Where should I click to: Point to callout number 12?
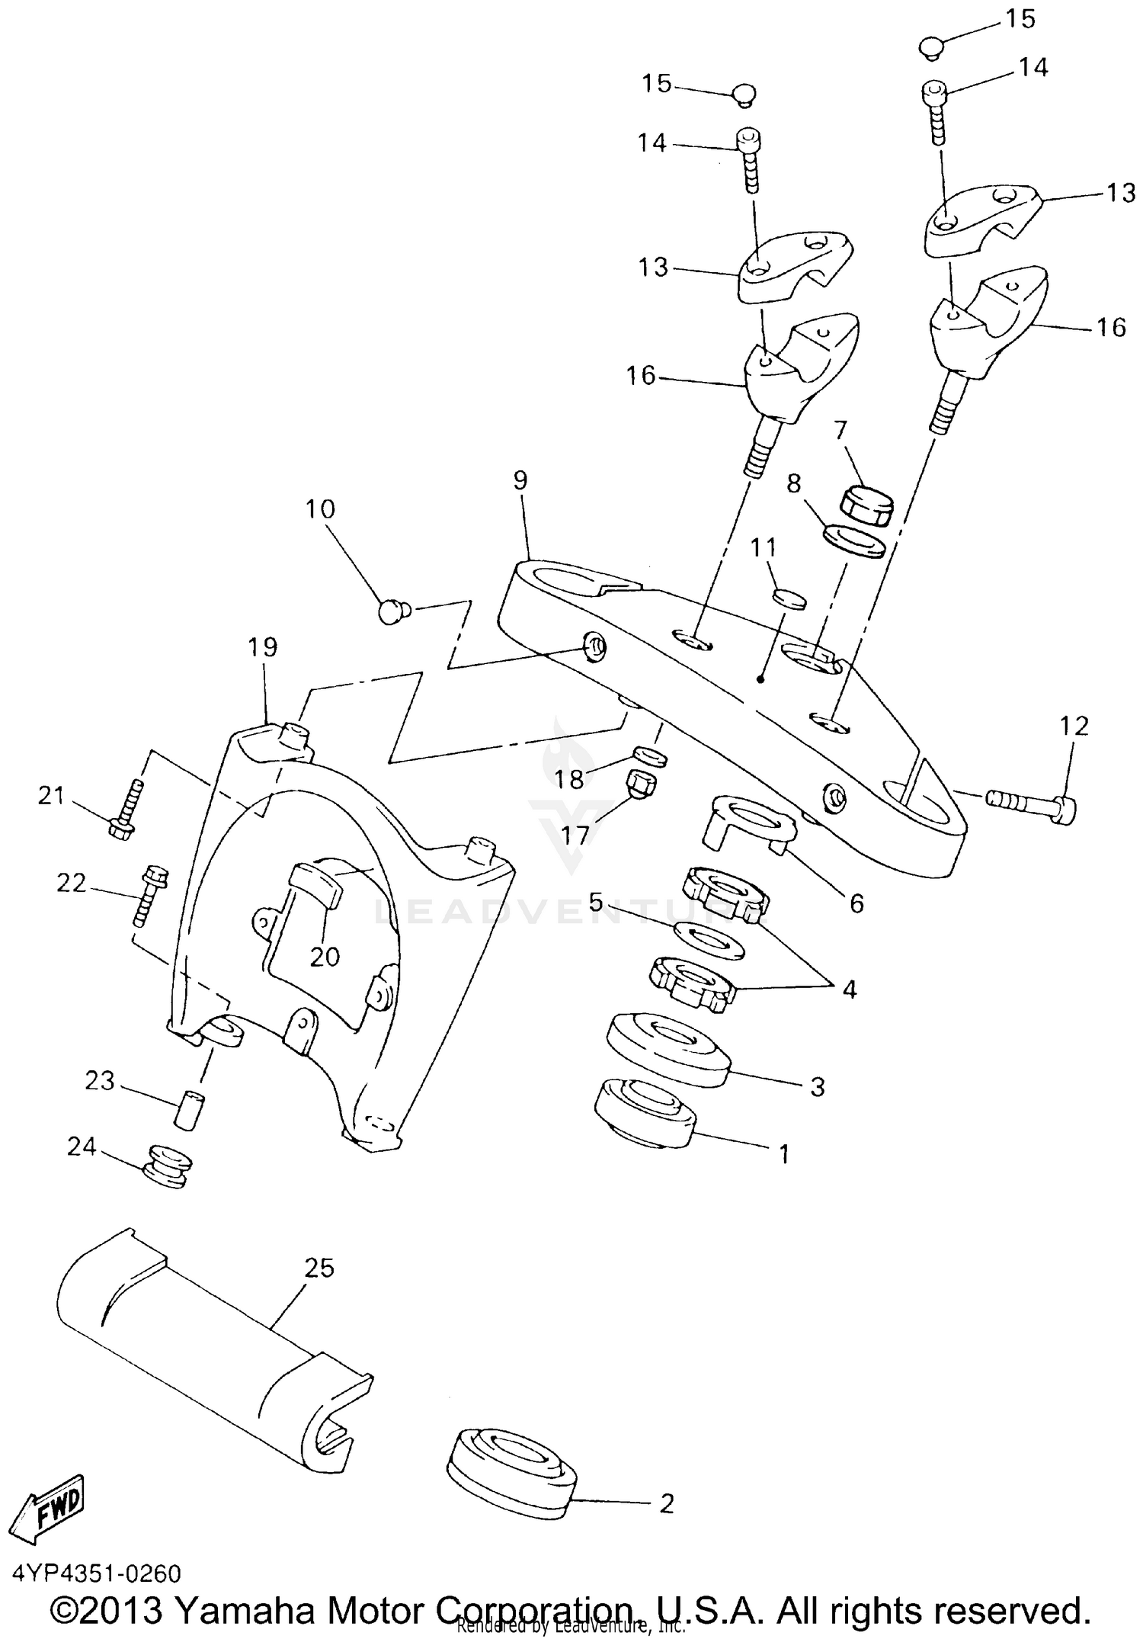pos(1074,726)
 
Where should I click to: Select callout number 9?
pos(520,480)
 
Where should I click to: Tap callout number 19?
pos(263,646)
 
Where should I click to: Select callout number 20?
pos(325,956)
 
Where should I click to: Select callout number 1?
pos(784,1154)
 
